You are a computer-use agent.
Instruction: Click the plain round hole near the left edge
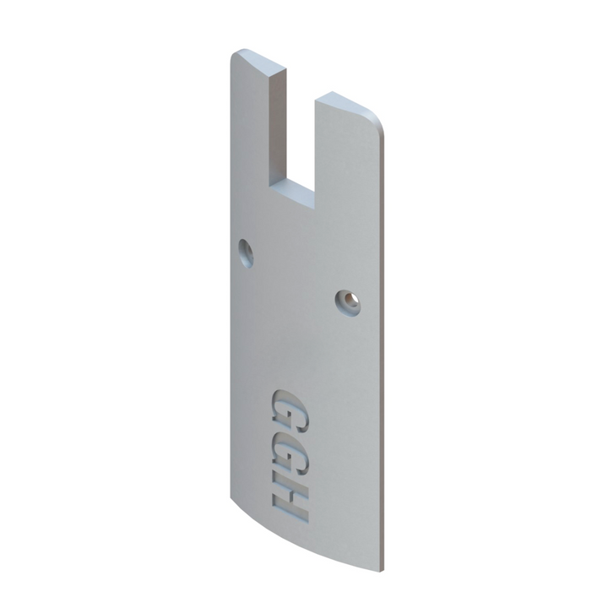tap(246, 251)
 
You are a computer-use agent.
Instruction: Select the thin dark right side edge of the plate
tap(383, 338)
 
